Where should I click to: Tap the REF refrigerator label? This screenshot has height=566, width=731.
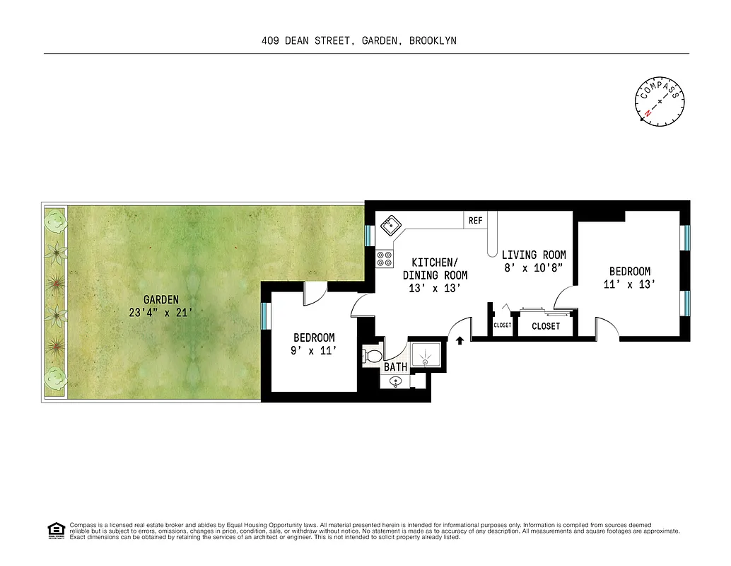pos(475,221)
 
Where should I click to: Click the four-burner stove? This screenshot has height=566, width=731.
pos(385,259)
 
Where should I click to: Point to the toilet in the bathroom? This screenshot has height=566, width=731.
pos(372,354)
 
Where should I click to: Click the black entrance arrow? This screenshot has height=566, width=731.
pos(460,340)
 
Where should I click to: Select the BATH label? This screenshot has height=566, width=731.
pos(395,367)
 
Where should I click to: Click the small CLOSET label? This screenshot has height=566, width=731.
pos(503,325)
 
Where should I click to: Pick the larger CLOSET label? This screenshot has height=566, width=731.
pos(545,326)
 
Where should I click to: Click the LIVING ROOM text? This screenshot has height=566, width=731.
pos(533,255)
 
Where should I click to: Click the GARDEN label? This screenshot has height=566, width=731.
pos(161,299)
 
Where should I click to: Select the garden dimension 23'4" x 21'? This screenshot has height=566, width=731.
pos(161,312)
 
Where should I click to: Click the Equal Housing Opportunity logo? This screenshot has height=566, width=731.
pos(54,529)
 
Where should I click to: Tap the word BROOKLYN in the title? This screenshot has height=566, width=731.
pos(433,41)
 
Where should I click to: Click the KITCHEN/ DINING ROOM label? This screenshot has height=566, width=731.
pos(435,275)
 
